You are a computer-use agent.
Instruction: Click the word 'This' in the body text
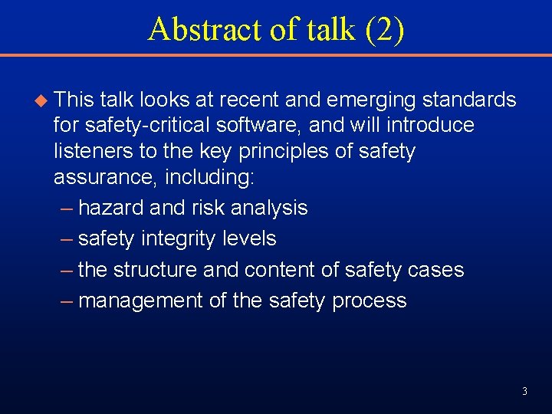[75, 100]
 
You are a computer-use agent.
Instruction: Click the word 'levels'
[249, 238]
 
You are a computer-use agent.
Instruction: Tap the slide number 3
[524, 392]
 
